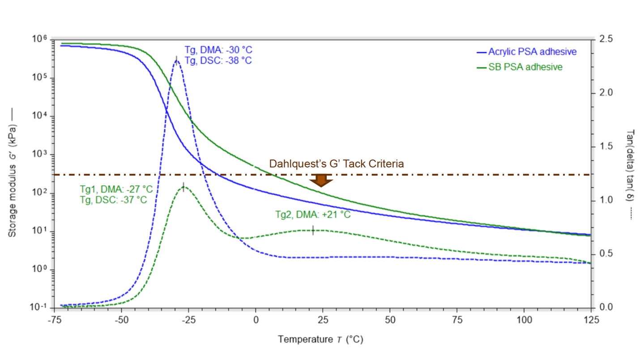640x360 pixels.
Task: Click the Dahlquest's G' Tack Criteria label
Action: click(337, 164)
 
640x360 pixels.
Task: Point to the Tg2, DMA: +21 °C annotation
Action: click(312, 214)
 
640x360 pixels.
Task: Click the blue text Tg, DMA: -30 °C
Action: click(215, 50)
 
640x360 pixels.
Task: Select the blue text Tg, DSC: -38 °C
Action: click(215, 60)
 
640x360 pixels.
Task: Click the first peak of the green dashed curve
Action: click(183, 187)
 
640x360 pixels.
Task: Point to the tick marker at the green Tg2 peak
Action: click(313, 230)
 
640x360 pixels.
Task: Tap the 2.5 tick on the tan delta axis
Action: click(606, 40)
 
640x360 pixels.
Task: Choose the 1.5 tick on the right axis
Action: click(606, 147)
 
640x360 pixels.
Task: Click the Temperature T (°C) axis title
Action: click(320, 339)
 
